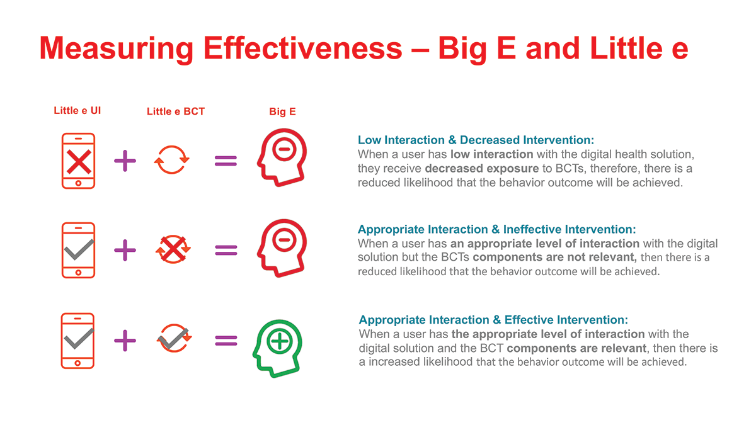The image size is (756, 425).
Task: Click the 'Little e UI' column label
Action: (x=77, y=111)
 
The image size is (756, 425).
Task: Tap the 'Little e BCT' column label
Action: (x=176, y=111)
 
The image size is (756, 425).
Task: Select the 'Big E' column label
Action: (x=282, y=111)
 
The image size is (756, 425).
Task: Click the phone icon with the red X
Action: (x=78, y=161)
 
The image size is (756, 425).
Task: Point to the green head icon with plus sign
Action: (x=277, y=348)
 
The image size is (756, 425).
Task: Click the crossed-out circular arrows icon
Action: (x=173, y=249)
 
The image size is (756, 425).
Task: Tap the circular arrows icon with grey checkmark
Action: (x=174, y=338)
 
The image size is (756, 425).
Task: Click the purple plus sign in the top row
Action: (x=125, y=161)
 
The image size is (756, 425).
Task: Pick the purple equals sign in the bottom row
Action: (x=226, y=341)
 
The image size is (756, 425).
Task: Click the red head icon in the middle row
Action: (x=282, y=248)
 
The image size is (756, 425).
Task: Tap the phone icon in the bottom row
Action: (x=77, y=341)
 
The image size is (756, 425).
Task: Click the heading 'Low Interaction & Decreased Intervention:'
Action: (x=476, y=140)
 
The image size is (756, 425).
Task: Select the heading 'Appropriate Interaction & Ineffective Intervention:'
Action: (x=497, y=229)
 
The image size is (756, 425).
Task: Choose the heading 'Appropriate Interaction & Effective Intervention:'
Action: (x=493, y=320)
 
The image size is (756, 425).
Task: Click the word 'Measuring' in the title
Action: (x=117, y=49)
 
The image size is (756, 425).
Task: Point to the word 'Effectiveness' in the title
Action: (x=303, y=48)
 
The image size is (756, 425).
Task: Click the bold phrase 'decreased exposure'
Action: (x=482, y=168)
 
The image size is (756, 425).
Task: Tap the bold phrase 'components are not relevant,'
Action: (x=554, y=258)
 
